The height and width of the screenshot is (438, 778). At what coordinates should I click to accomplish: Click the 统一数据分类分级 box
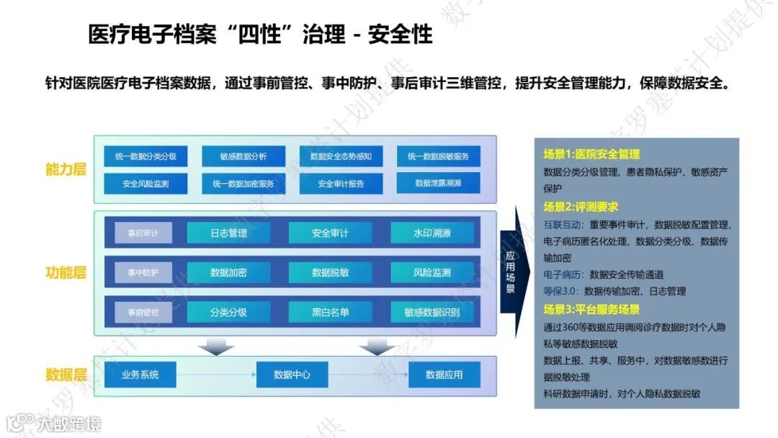[146, 156]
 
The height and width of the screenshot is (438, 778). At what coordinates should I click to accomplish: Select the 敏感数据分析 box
[243, 156]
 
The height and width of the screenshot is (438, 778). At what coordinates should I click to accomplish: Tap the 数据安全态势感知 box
[341, 156]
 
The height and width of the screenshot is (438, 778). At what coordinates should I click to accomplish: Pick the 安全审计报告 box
[341, 184]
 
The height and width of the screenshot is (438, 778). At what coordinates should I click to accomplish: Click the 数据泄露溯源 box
[438, 184]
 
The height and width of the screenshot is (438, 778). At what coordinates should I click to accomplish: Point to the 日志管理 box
[228, 233]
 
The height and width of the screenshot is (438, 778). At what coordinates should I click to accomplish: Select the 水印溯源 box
[432, 233]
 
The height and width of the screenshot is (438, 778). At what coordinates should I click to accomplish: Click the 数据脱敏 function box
[330, 273]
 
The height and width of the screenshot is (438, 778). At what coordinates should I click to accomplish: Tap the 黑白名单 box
[330, 313]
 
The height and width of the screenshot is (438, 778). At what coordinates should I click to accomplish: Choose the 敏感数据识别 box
[432, 313]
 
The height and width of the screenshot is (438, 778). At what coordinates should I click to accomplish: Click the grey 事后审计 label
[143, 233]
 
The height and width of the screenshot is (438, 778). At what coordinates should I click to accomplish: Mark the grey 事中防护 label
[143, 273]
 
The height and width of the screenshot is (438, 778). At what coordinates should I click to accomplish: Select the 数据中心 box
[292, 375]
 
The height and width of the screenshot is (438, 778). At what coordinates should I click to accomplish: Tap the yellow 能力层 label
[66, 170]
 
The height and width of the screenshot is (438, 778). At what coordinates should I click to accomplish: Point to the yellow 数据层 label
[66, 375]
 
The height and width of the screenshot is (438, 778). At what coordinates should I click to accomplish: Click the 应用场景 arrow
[512, 272]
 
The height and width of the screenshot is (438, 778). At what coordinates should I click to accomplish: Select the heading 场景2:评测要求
[581, 207]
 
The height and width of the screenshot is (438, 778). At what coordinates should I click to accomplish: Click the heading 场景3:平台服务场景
[591, 310]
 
